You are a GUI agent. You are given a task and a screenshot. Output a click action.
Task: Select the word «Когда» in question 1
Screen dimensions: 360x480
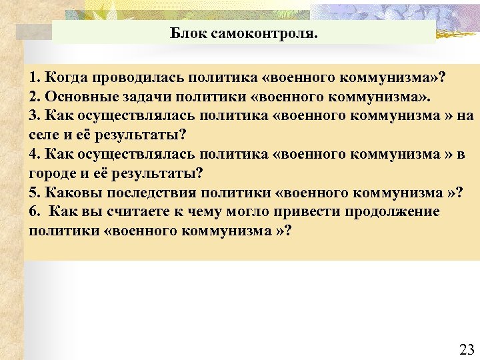tap(64, 78)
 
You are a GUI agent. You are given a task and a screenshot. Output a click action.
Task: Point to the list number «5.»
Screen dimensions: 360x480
tap(35, 193)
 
